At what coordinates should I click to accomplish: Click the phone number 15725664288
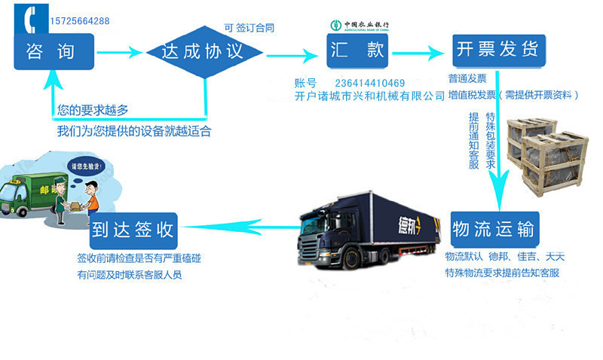click(x=79, y=21)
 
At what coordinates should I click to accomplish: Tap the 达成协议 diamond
click(x=204, y=52)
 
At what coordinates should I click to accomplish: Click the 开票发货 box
click(x=497, y=50)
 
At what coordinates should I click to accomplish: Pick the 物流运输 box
click(x=494, y=228)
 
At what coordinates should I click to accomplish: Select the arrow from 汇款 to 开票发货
click(x=418, y=53)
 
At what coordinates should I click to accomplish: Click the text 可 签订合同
click(x=249, y=28)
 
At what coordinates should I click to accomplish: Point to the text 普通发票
click(x=467, y=78)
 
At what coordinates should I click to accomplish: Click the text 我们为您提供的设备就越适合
click(x=134, y=131)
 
